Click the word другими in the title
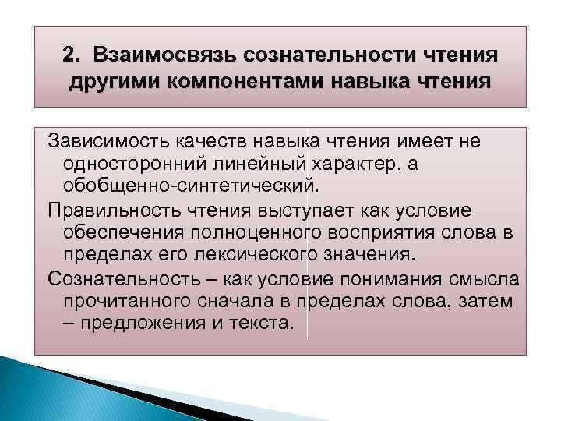click(x=111, y=82)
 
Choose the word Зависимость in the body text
click(x=98, y=140)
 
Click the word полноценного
click(x=248, y=234)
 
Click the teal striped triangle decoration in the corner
click(x=78, y=390)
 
